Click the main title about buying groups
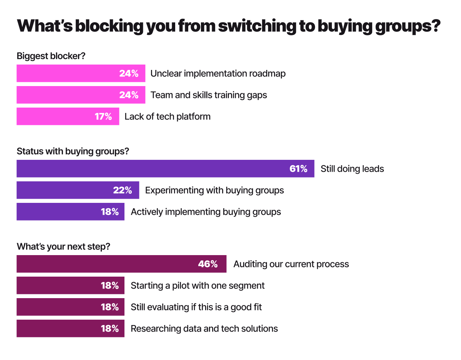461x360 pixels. [229, 26]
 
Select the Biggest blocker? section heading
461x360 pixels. [51, 56]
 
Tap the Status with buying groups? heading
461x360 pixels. [73, 151]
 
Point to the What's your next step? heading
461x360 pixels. [63, 247]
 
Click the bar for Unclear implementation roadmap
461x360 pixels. [81, 73]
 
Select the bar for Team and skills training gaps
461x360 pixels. [81, 95]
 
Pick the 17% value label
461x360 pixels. [103, 116]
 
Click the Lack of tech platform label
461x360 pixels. [167, 116]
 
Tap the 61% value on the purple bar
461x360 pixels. [298, 169]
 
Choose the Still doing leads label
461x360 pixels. [352, 169]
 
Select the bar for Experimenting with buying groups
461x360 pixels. [78, 190]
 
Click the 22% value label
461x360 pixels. [123, 190]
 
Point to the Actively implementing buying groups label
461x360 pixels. [206, 212]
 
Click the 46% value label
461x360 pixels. [208, 264]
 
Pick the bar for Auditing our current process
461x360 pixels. [121, 264]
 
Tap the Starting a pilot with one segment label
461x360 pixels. [197, 286]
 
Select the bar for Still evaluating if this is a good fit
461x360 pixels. [70, 307]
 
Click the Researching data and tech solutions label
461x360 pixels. [204, 328]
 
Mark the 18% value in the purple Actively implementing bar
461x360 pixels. [110, 212]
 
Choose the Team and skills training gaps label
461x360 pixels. [209, 95]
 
